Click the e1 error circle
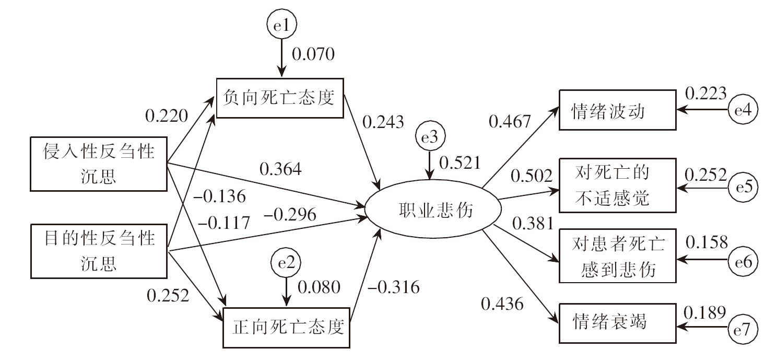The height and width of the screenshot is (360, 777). pyautogui.click(x=281, y=24)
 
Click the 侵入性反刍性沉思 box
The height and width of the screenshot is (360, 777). pyautogui.click(x=99, y=164)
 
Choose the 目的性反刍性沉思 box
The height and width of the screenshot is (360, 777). pyautogui.click(x=99, y=250)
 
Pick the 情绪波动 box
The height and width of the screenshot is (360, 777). pyautogui.click(x=617, y=110)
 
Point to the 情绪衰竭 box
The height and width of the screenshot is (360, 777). pyautogui.click(x=617, y=322)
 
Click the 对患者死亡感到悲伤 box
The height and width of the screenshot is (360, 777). pyautogui.click(x=617, y=256)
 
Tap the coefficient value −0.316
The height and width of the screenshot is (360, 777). pyautogui.click(x=393, y=287)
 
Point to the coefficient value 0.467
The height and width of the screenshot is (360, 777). pyautogui.click(x=510, y=121)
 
